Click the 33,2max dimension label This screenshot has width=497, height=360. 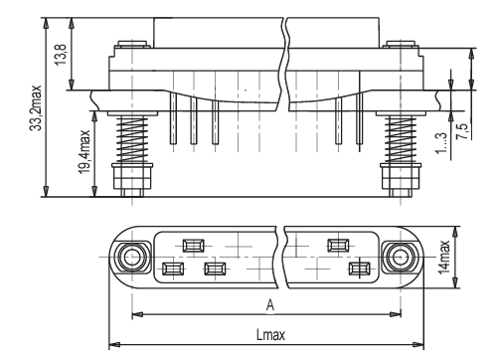coord(36,108)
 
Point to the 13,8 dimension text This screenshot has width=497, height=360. coord(62,55)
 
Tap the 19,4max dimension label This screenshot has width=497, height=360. coord(84,152)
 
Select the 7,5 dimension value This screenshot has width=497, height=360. coord(462,131)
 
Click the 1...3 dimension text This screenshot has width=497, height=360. coord(440,143)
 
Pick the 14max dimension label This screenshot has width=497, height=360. coord(444,257)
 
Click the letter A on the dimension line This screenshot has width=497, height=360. coord(270,305)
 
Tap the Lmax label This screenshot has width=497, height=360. coord(270,335)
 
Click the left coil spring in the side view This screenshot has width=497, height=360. coord(132,139)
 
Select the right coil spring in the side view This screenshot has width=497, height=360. coord(401,139)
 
